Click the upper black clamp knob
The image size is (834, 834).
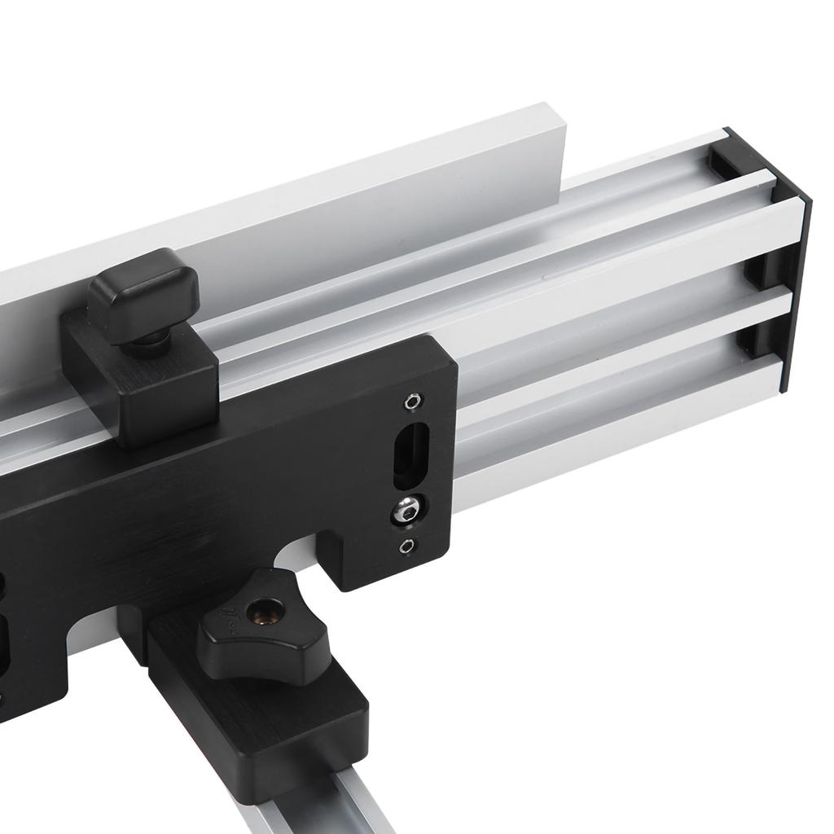click(x=143, y=290)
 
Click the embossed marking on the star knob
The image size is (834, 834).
click(x=234, y=619)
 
